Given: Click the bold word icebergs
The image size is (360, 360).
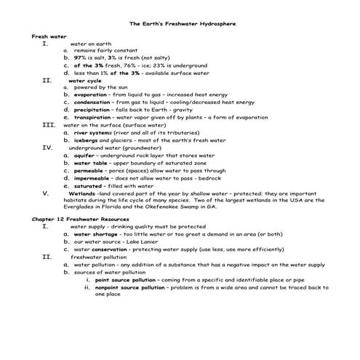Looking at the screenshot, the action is pyautogui.click(x=87, y=140).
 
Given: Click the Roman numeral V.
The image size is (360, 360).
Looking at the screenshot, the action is pyautogui.click(x=46, y=193).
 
